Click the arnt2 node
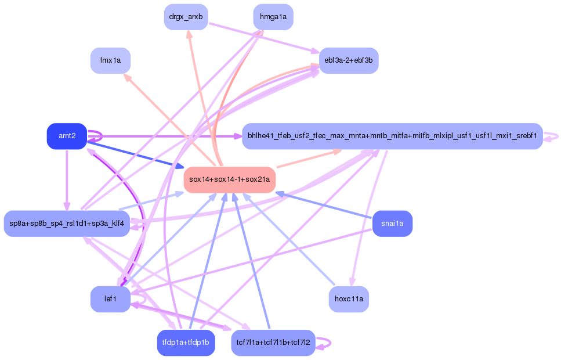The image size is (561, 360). (67, 136)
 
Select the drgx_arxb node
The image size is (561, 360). (186, 17)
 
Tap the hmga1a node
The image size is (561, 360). (273, 17)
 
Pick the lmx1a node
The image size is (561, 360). (111, 60)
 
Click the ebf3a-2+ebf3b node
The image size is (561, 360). (349, 60)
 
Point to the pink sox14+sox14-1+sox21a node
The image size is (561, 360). (230, 180)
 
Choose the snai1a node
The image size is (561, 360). (393, 224)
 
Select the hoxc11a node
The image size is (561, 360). (349, 299)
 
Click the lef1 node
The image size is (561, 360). (111, 299)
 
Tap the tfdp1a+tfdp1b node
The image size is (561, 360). (186, 343)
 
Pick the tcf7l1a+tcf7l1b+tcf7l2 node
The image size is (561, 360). (273, 343)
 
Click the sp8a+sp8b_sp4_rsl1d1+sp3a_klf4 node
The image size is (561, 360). (67, 224)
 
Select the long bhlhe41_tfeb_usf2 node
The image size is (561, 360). (393, 136)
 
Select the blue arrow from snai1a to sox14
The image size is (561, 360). (324, 205)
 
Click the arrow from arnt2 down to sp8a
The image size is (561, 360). (67, 180)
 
